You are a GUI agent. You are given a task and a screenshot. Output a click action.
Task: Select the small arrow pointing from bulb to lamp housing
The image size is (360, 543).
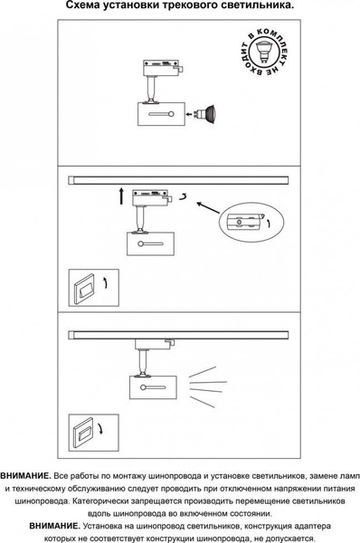(189, 114)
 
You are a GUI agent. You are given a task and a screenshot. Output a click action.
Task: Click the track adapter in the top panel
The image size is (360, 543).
(162, 68)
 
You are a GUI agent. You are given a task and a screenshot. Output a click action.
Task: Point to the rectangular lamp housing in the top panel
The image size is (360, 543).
(161, 114)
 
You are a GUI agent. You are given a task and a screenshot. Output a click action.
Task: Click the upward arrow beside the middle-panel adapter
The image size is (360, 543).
(121, 195)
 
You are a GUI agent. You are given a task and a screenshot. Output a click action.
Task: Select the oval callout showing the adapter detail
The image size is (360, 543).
(251, 222)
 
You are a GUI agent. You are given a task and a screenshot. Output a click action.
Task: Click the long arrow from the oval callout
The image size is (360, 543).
(208, 207)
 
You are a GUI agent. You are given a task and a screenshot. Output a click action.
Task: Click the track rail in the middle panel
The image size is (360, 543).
(178, 180)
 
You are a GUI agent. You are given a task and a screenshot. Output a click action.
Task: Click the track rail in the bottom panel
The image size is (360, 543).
(178, 335)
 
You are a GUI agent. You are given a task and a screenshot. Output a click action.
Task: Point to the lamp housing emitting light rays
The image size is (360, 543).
(153, 387)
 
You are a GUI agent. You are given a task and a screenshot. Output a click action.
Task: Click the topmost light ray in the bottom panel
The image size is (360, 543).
(202, 372)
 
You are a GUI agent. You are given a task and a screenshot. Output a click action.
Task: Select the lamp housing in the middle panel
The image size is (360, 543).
(150, 243)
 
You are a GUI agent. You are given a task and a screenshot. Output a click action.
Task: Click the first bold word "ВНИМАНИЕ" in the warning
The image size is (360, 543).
(25, 476)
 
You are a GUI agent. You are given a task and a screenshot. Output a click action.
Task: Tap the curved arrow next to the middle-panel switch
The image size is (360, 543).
(105, 283)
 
